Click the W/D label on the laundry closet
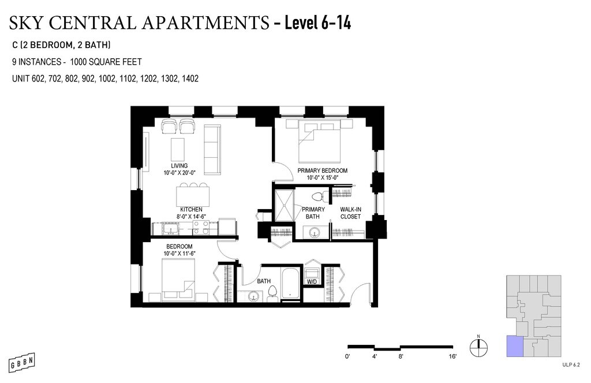312,282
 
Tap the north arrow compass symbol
478,347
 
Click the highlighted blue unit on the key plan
515,346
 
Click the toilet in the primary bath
319,196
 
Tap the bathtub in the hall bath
290,285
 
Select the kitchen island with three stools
193,194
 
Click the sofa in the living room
212,150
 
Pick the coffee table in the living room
178,150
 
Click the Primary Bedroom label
322,170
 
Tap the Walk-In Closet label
350,213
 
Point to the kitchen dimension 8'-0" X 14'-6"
191,217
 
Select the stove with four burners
200,227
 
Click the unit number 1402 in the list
190,79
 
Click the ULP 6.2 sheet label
571,365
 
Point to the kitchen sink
171,229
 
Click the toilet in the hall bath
272,293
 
